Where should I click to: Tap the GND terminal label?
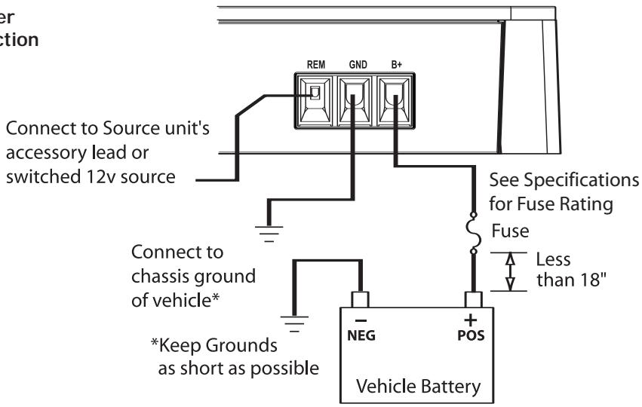358,66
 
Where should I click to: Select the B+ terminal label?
396,66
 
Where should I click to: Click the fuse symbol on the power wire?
472,234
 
